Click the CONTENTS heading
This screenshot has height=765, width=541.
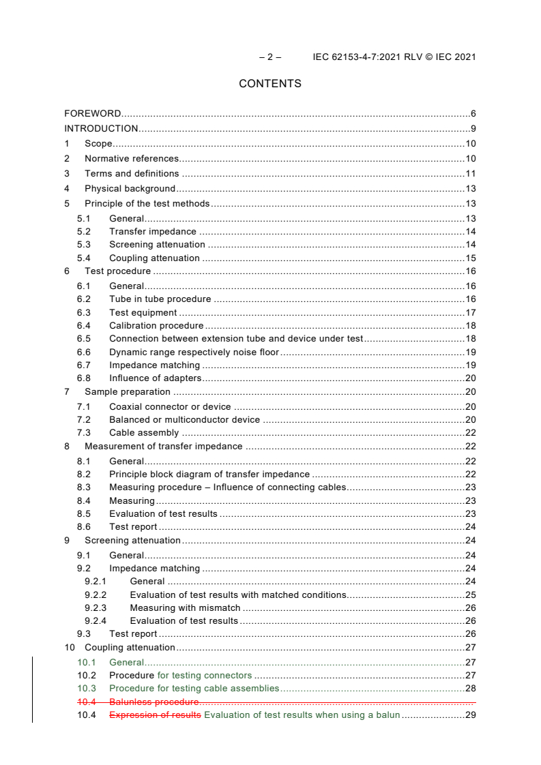pos(270,84)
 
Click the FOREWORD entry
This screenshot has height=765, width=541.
pos(93,113)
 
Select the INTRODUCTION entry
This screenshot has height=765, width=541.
pos(101,129)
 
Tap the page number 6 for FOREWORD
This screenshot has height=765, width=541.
pos(473,113)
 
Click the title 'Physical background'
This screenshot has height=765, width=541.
pos(130,189)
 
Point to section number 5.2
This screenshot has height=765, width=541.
pos(83,232)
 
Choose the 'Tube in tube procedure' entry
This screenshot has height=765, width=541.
pos(160,299)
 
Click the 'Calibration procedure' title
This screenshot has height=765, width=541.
pos(156,326)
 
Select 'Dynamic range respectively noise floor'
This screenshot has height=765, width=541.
pos(194,352)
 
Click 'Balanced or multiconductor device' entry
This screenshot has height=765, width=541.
pos(184,420)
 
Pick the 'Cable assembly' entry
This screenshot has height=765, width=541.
pos(144,433)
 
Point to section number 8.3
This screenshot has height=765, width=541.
pos(83,487)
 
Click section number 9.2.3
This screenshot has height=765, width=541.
pos(96,608)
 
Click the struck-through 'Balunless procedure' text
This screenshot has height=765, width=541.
pos(154,702)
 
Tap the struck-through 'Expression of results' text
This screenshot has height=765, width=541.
pos(155,715)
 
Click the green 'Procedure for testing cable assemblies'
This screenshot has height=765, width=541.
pos(194,689)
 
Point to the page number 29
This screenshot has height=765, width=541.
pos(470,715)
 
